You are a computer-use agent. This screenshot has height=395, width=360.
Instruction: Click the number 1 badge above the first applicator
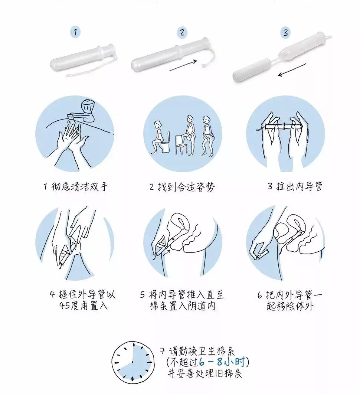click(75, 32)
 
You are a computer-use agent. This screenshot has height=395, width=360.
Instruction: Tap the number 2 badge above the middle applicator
click(182, 32)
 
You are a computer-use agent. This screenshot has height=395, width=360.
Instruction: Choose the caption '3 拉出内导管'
click(295, 186)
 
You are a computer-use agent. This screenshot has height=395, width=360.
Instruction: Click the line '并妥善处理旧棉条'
click(204, 373)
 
